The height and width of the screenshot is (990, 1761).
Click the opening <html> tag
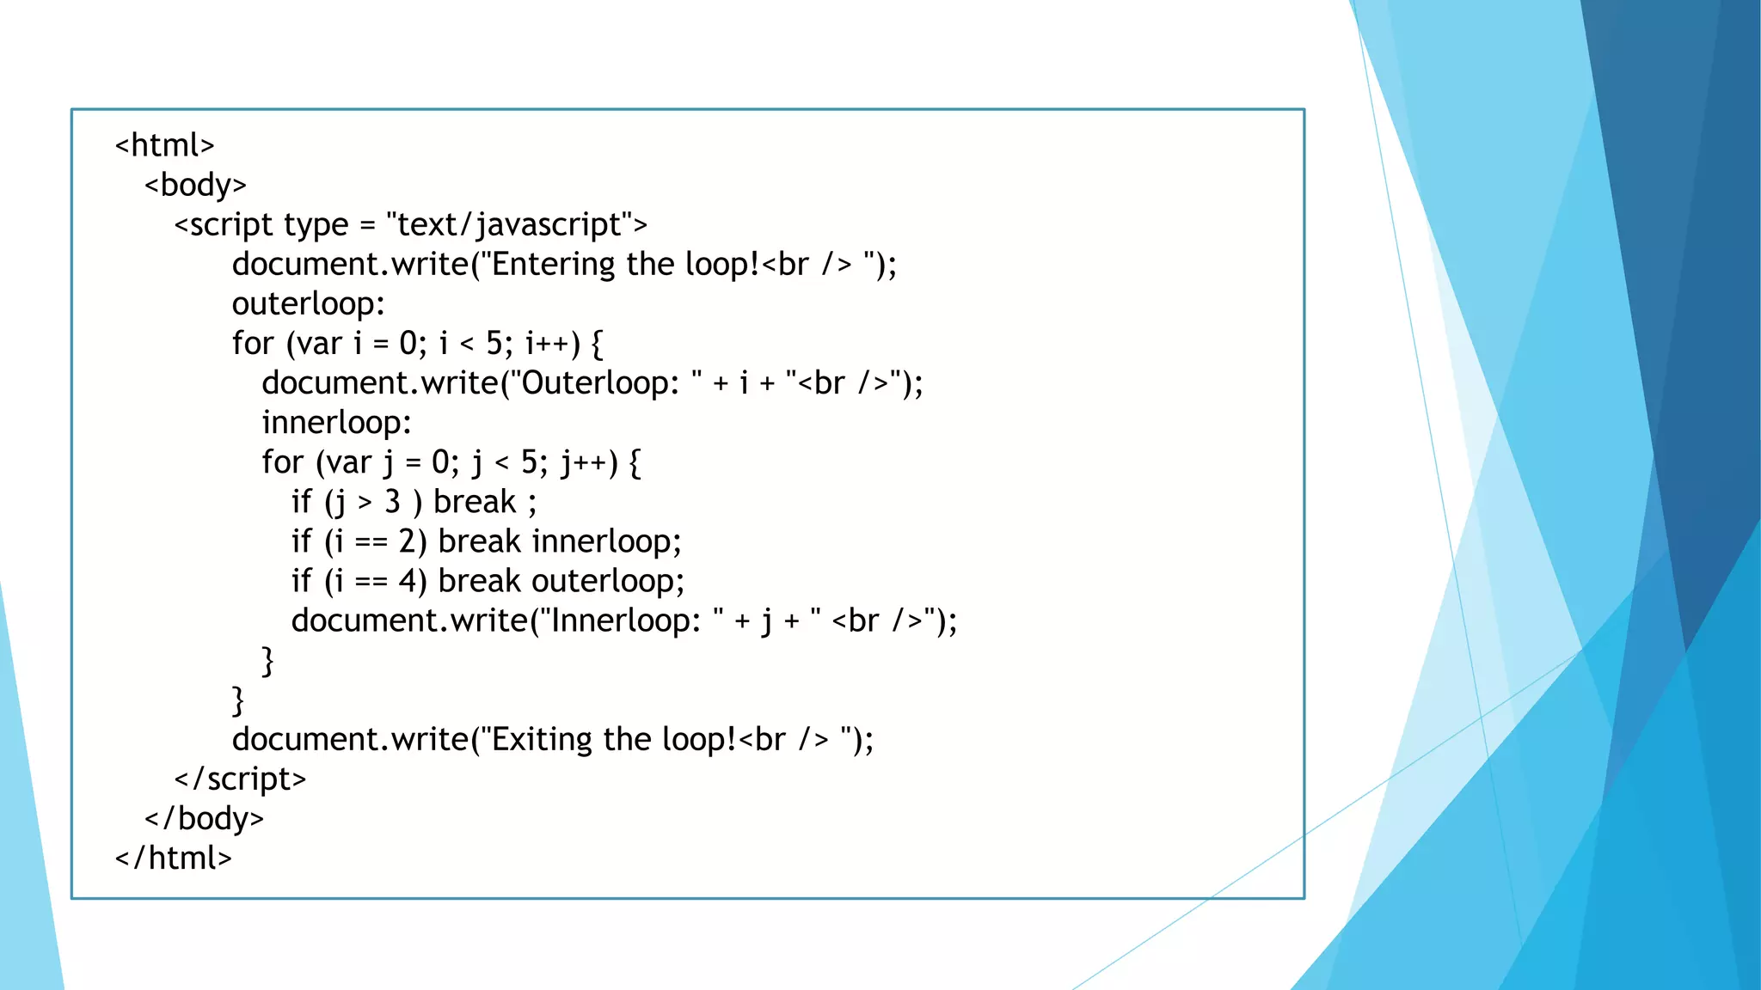(164, 145)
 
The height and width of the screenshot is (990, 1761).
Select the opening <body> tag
(195, 185)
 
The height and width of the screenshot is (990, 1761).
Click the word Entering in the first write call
(553, 264)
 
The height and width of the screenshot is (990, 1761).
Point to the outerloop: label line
(308, 303)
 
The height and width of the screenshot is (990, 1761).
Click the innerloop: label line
(336, 423)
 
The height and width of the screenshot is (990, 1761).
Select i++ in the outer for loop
(548, 343)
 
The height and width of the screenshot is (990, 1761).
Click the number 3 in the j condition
(392, 502)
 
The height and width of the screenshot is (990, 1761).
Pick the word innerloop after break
(606, 541)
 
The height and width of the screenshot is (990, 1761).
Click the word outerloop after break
(607, 581)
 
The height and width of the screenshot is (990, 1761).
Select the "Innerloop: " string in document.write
(632, 620)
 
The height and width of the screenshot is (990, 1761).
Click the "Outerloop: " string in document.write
(607, 383)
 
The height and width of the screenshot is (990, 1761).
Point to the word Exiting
(541, 739)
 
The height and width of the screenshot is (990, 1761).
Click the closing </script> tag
(240, 779)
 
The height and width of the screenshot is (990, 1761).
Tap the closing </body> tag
(204, 818)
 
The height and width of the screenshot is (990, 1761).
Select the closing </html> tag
(173, 858)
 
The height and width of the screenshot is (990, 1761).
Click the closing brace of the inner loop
(267, 661)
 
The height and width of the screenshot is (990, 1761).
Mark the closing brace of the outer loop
(238, 700)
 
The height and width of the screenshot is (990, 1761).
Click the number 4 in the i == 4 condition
(408, 581)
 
